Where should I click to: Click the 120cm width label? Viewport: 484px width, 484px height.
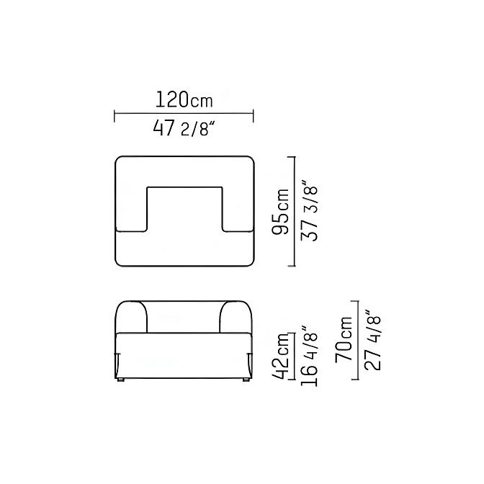pos(184,99)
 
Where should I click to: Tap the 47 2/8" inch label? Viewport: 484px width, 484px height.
pos(184,128)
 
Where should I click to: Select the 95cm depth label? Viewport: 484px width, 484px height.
pos(280,212)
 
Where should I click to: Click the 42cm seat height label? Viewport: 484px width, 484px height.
pos(280,356)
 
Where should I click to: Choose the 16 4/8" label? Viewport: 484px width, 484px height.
pos(309,355)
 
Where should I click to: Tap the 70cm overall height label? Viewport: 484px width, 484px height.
pos(344,339)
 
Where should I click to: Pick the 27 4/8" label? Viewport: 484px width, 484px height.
pos(372,339)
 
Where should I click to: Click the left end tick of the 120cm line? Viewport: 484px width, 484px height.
pos(115,116)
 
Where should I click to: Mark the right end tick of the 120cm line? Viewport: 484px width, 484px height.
pos(253,116)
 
